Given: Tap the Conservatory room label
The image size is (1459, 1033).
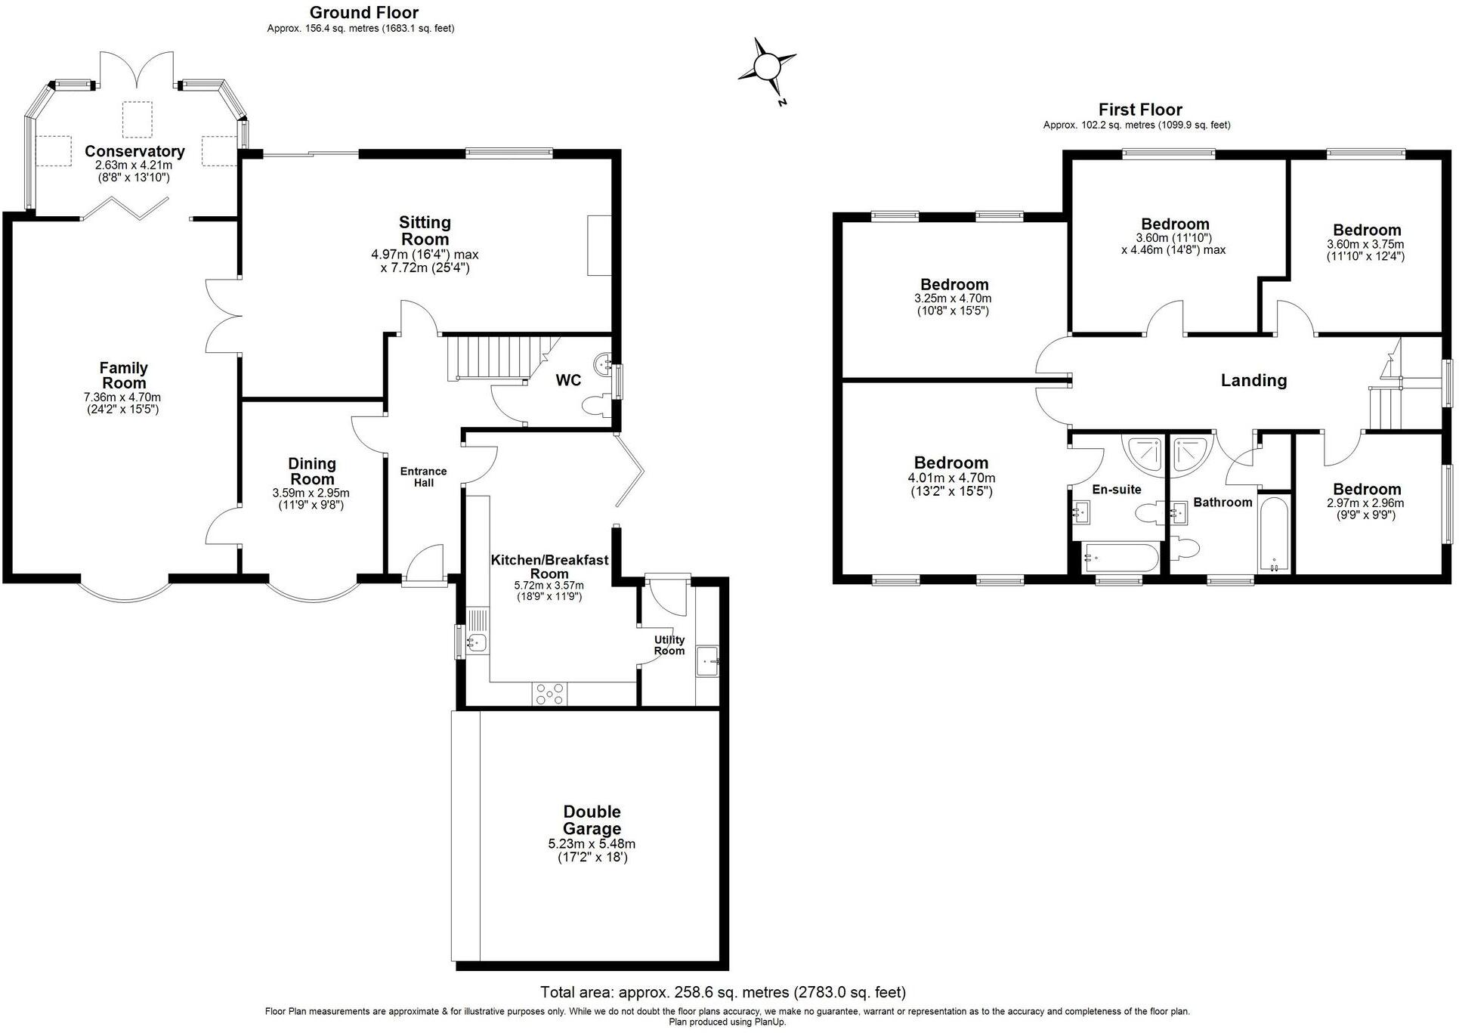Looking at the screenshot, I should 134,151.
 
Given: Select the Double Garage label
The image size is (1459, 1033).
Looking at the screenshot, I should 592,821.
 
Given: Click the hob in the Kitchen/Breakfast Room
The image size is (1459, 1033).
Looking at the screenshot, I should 549,694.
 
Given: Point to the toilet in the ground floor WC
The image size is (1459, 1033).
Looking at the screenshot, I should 596,407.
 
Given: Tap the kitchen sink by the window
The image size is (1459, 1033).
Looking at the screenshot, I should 477,643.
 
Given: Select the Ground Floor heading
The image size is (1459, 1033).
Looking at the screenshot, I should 363,12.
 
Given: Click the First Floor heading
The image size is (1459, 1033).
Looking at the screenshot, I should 1139,110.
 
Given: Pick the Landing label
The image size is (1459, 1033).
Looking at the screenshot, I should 1253,380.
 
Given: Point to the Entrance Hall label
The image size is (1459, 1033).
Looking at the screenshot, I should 423,476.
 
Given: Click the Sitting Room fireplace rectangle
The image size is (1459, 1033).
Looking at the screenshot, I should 599,245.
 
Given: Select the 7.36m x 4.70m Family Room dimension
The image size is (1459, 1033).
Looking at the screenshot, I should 122,397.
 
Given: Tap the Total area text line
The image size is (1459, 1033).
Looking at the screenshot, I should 722,992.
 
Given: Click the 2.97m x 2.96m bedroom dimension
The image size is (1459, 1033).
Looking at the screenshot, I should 1366,503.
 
